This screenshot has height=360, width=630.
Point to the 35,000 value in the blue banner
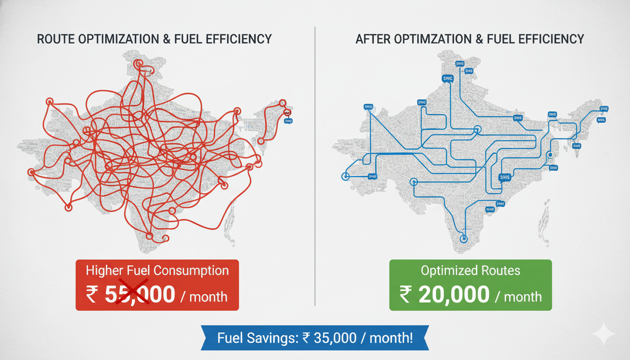[333, 337]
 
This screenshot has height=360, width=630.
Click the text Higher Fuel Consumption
[157, 270]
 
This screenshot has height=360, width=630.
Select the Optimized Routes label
[471, 270]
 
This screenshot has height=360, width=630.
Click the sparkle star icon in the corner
[603, 334]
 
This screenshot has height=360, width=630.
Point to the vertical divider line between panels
[315, 164]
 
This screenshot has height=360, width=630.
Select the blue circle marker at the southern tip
[464, 238]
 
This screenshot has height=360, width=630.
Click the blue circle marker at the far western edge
[345, 176]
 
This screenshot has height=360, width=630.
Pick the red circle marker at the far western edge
[31, 172]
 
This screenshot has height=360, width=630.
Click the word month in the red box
[209, 296]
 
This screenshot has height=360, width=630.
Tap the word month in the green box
[523, 296]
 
